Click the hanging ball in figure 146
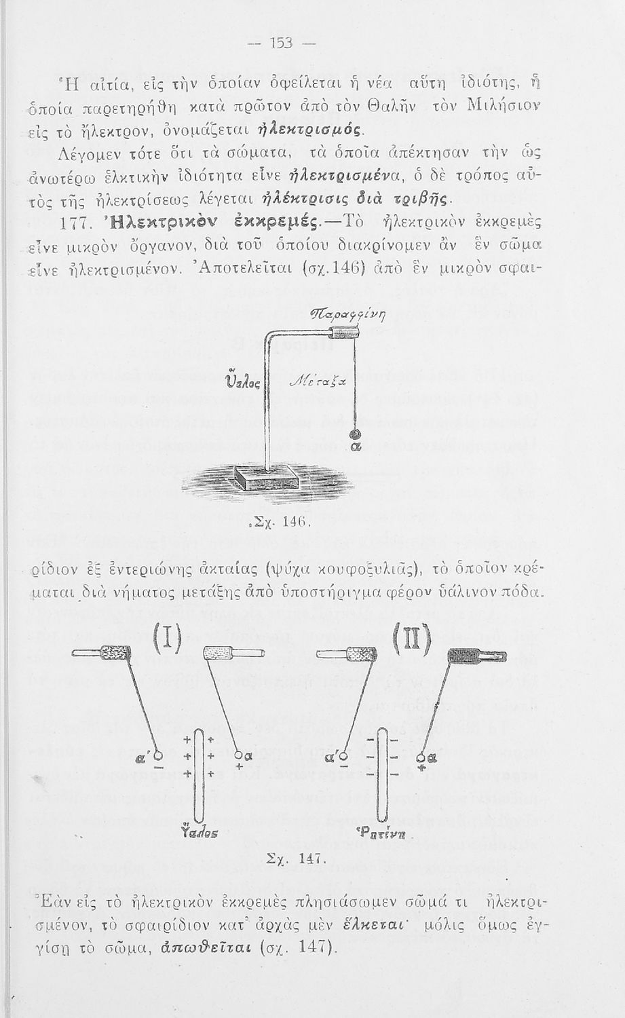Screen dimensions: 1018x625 pyautogui.click(x=354, y=435)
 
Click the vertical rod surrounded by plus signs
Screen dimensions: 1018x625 pyautogui.click(x=199, y=774)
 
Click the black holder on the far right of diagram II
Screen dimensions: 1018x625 pyautogui.click(x=477, y=655)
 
